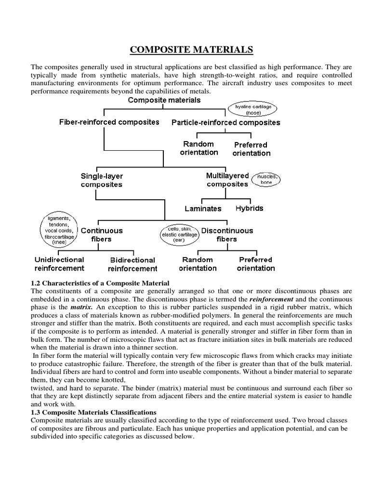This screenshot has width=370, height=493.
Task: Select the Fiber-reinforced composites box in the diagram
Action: [109, 122]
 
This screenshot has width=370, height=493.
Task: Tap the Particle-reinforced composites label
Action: [226, 123]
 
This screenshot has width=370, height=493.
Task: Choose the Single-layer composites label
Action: [101, 180]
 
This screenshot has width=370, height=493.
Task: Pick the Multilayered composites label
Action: [227, 180]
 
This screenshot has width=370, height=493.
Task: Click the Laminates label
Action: [203, 208]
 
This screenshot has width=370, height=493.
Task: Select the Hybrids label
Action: [249, 208]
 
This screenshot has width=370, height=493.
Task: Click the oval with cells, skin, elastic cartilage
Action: [179, 234]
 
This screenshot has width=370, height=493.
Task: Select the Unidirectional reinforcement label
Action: [59, 264]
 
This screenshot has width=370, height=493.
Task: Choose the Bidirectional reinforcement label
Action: [132, 264]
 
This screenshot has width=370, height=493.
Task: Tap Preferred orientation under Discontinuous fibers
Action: [255, 264]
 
